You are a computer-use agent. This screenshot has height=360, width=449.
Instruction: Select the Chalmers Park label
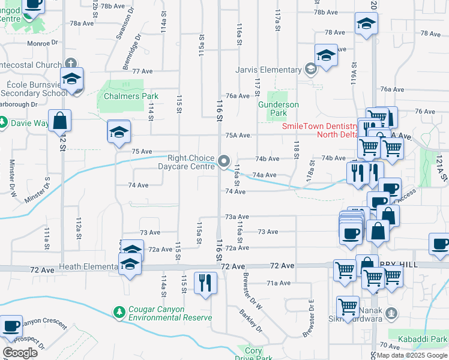130,96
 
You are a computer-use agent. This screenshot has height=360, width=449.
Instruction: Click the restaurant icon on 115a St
205,283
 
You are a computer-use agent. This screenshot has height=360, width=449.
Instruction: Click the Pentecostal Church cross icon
71,64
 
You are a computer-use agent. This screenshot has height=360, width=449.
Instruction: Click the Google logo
20,353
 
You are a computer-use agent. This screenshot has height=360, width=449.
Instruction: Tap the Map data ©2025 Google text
411,356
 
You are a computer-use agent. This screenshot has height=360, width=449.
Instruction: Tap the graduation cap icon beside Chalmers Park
119,131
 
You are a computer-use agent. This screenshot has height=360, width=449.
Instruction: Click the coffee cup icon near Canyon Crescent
11,326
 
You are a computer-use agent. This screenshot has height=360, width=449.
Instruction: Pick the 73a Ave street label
237,217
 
